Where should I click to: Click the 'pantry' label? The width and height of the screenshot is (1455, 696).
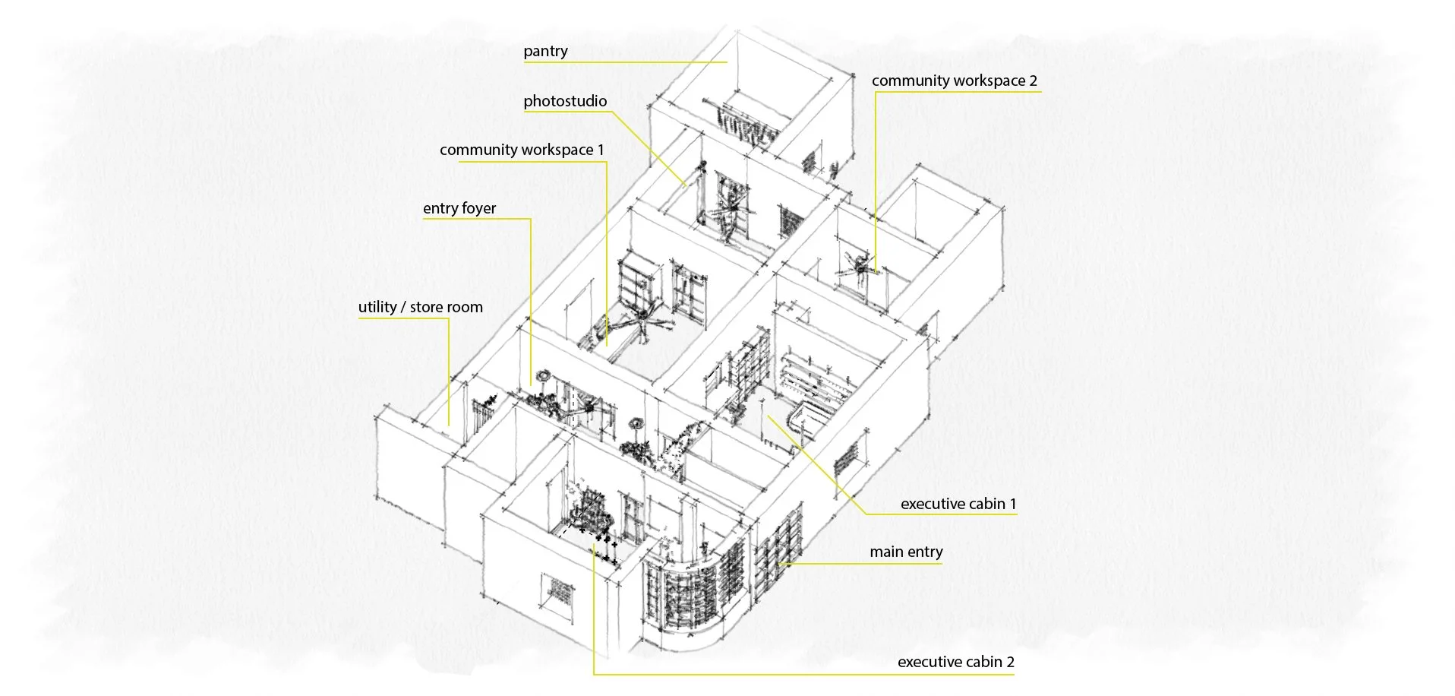point(545,52)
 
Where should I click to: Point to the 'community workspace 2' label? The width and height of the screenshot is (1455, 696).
point(954,81)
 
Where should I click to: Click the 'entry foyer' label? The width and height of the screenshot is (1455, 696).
point(459,209)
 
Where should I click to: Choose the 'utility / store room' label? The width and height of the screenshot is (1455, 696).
point(420,308)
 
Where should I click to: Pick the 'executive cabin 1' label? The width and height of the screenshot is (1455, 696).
point(958,505)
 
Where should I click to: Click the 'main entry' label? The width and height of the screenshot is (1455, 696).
point(906,552)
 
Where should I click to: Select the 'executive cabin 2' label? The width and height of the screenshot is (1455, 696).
point(955,662)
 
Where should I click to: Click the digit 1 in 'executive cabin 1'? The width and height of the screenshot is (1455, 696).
point(1012,505)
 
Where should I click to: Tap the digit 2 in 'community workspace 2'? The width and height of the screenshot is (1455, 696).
point(1033,81)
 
